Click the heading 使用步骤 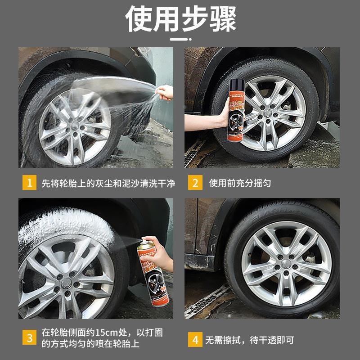pyautogui.click(x=180, y=19)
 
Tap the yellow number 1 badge pyautogui.click(x=30, y=183)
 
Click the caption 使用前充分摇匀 pyautogui.click(x=240, y=183)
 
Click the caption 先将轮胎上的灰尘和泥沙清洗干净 pyautogui.click(x=108, y=183)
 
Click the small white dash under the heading pyautogui.click(x=180, y=40)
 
